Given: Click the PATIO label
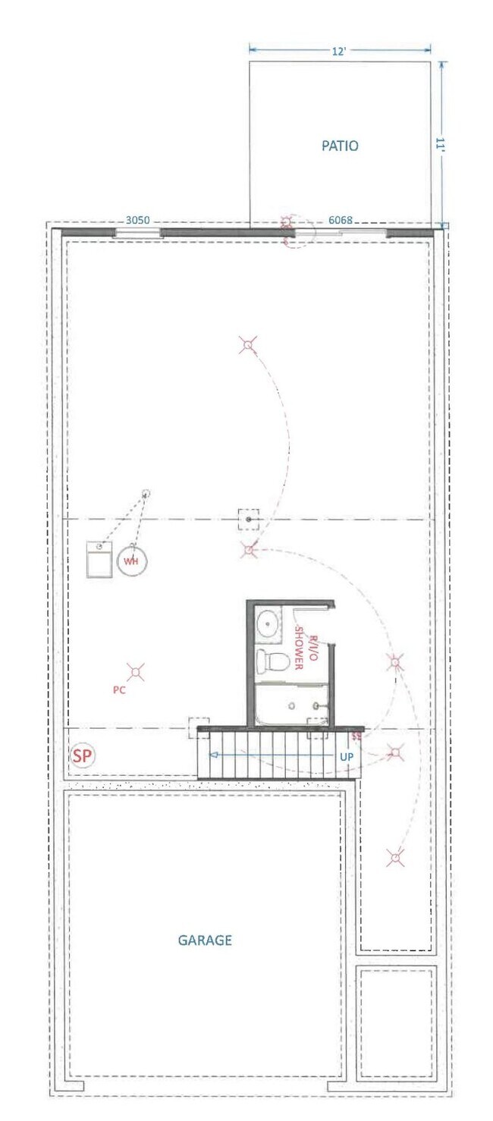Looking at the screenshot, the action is pos(339,146).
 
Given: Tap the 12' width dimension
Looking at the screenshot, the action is pos(339,51).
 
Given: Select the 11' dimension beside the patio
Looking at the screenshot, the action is pos(440,145).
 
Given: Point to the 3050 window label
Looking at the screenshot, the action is pos(137,220).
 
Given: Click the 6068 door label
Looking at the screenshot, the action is pos(341,220).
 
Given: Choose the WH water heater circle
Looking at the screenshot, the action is pos(132,561).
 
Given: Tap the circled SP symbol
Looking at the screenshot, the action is pos(82,755).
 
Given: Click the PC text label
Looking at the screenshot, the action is pos(119,690).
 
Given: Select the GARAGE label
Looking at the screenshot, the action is pos(205,940).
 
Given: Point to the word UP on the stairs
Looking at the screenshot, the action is pos(347,757).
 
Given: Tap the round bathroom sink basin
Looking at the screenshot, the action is pos(268,624).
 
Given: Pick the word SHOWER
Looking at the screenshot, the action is pos(299,648).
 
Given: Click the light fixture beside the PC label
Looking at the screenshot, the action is pos(135,671).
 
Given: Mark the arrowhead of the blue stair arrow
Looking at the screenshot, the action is pos(212,755).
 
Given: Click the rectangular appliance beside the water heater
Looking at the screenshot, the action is pos(99,560).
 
